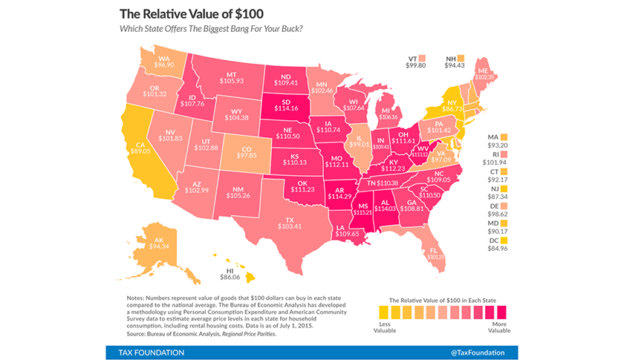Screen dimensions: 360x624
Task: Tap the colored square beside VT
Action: [x=422, y=57]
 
